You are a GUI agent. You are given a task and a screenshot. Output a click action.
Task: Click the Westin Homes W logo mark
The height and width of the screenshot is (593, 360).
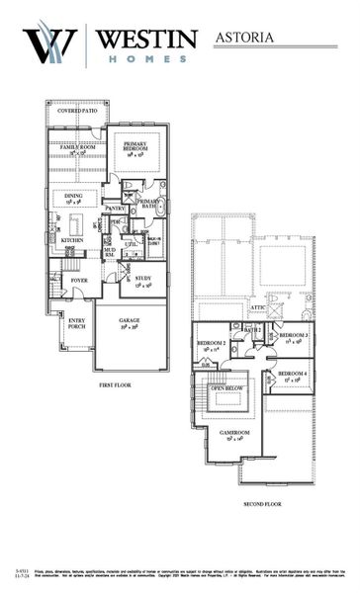click(x=50, y=44)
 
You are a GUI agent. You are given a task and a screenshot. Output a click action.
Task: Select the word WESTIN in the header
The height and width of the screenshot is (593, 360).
click(x=146, y=38)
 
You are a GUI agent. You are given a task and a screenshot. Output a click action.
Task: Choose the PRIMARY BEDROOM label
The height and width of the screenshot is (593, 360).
click(x=135, y=145)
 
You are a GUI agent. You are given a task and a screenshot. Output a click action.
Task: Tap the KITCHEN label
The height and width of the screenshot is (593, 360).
click(x=72, y=240)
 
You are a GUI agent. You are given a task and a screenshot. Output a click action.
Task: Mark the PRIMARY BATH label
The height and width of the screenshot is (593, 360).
click(x=147, y=203)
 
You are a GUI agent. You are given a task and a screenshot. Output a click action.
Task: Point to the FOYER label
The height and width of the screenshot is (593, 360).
click(x=78, y=281)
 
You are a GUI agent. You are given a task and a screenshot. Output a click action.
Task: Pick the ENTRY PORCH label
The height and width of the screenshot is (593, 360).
click(x=77, y=323)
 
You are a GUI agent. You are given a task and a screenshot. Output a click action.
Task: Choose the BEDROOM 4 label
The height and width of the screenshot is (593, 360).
click(x=289, y=375)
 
